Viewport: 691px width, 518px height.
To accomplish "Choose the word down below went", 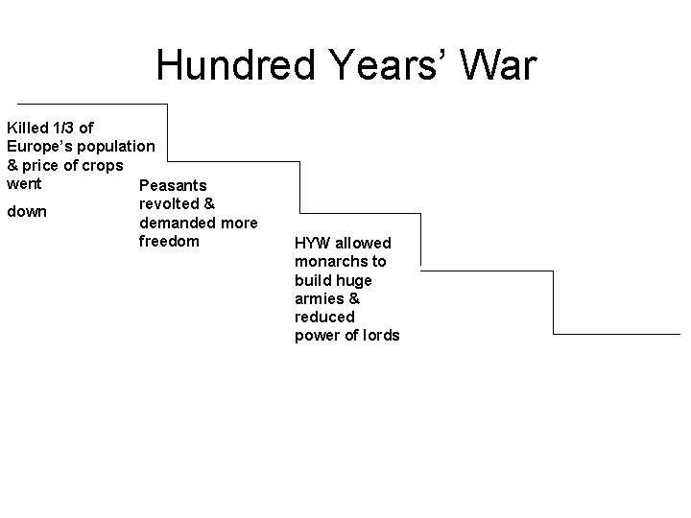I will tap(26, 212).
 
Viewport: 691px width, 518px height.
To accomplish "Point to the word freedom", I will tap(169, 241).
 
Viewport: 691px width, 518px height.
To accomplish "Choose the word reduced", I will tap(324, 317).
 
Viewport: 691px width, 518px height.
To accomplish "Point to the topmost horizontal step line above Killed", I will tap(92, 104).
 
